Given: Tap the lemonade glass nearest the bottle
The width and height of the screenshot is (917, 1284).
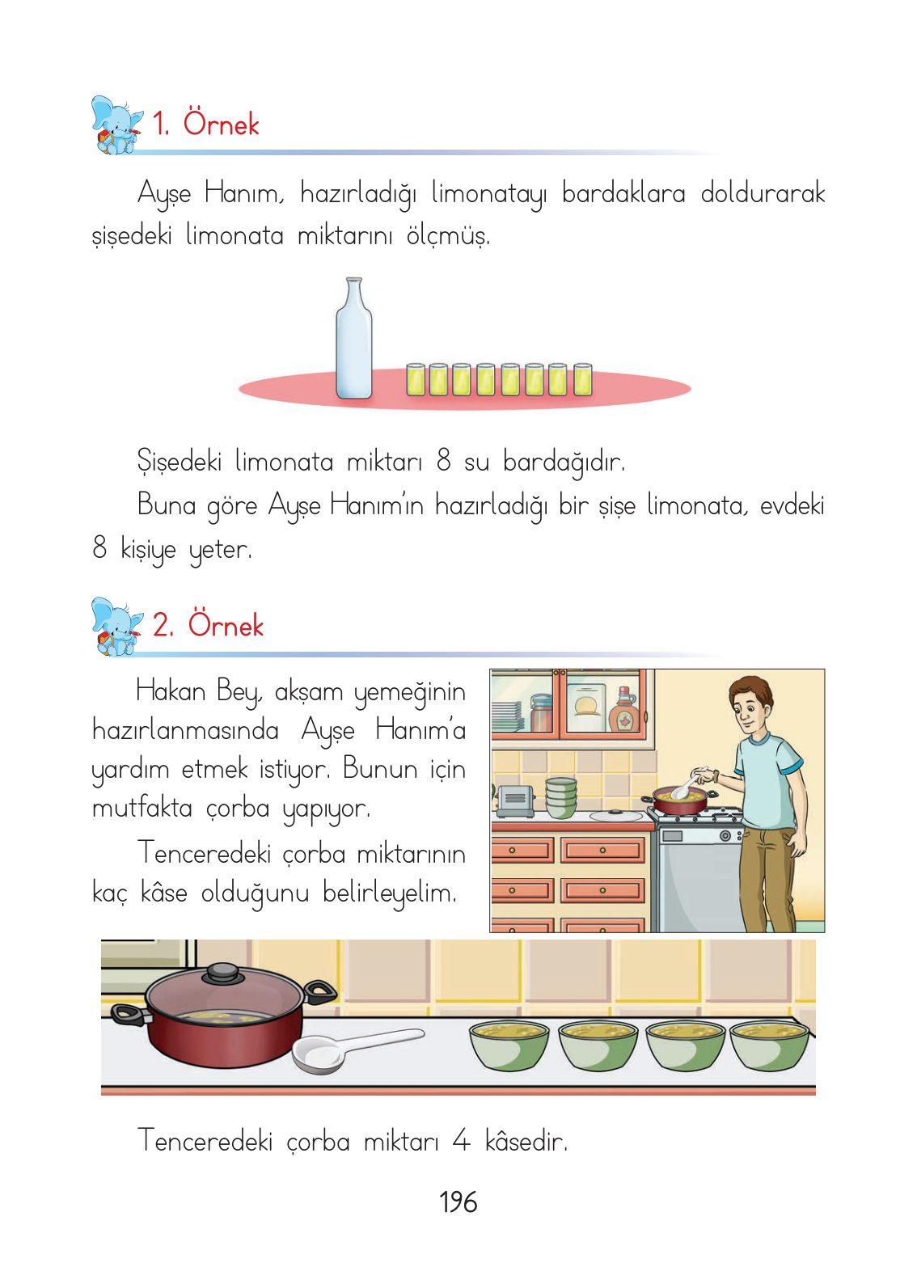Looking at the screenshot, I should [x=416, y=379].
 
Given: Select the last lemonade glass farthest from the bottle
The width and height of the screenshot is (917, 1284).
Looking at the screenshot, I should [x=582, y=379].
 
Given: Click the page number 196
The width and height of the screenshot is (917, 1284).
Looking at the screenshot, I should [x=458, y=1202].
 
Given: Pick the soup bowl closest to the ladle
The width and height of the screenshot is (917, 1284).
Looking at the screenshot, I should [x=509, y=1046].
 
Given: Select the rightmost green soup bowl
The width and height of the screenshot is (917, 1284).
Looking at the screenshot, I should [x=770, y=1046].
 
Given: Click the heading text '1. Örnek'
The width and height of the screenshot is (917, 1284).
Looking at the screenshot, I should [x=206, y=124].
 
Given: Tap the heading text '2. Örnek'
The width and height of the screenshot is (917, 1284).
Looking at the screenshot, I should [x=209, y=625].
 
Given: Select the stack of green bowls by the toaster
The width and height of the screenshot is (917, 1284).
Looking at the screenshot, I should [x=561, y=796].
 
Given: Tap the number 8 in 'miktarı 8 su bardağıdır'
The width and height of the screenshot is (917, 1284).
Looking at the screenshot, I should [x=443, y=460].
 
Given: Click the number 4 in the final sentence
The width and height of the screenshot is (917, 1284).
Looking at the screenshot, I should [x=461, y=1141].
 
